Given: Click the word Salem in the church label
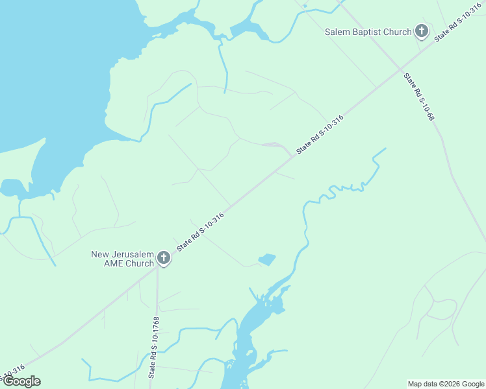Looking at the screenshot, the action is click(x=339, y=32).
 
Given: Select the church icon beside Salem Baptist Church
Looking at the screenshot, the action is click(x=422, y=31).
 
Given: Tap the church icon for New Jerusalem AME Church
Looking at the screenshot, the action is click(x=164, y=259).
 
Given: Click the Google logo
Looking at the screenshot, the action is click(x=21, y=382).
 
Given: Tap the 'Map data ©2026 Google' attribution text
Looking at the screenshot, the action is click(x=446, y=384).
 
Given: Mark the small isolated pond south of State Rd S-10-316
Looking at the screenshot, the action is click(x=267, y=260).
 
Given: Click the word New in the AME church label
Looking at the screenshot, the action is click(x=101, y=253).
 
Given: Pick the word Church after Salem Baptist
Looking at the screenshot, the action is click(x=398, y=32).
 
